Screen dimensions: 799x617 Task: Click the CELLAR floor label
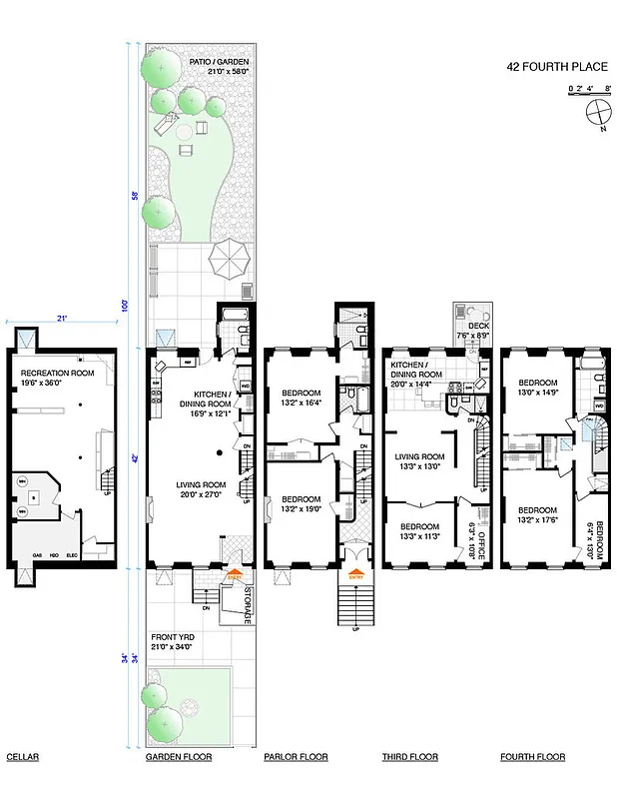coord(22,757)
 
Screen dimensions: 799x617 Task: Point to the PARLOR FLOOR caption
coord(296,757)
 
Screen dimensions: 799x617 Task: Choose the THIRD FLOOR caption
coord(409,757)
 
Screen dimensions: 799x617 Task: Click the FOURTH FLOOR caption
coord(532,757)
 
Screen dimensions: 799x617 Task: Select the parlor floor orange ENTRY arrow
coord(354,574)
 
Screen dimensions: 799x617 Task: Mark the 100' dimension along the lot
coord(127,305)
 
